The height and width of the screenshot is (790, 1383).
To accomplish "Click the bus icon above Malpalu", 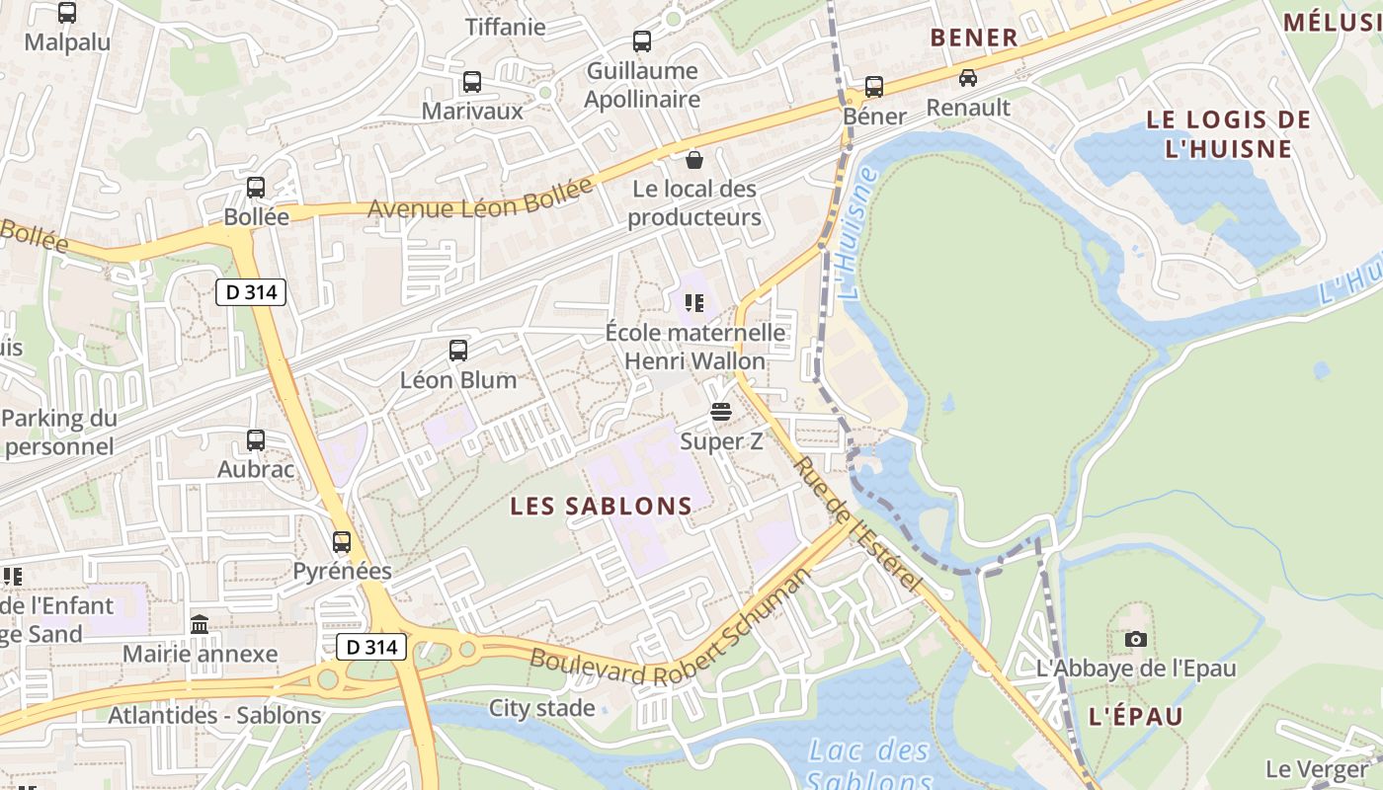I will (67, 13).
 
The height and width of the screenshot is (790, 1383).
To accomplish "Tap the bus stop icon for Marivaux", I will (472, 82).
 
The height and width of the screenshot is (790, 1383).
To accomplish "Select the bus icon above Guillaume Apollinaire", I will (642, 41).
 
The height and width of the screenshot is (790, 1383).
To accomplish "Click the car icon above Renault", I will (968, 78).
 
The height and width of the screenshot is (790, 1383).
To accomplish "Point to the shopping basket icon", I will (694, 159).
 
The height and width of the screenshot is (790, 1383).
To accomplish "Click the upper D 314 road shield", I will (251, 292).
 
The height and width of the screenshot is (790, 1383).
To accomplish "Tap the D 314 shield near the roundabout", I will (371, 648).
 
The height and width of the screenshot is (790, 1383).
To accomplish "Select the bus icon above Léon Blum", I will (458, 350).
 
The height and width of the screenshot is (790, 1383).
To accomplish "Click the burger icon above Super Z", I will (721, 412).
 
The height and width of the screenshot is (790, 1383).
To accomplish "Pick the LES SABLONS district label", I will (601, 507).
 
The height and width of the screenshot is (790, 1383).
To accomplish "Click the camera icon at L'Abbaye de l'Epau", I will (1136, 639).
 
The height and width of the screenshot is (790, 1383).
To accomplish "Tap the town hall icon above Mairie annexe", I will (200, 624).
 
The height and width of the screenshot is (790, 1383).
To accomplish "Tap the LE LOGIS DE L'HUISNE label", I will (1228, 134).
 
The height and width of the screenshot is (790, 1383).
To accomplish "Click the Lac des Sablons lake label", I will (869, 763).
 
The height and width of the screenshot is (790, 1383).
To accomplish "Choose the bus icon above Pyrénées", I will (342, 541).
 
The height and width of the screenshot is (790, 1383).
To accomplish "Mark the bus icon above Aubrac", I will (256, 440).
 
